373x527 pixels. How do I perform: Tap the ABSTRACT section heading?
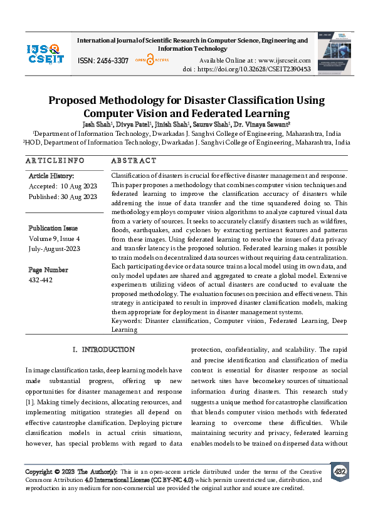(134, 160)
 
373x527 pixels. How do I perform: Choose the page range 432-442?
(41, 280)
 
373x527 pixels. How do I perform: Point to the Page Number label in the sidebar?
(48, 270)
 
